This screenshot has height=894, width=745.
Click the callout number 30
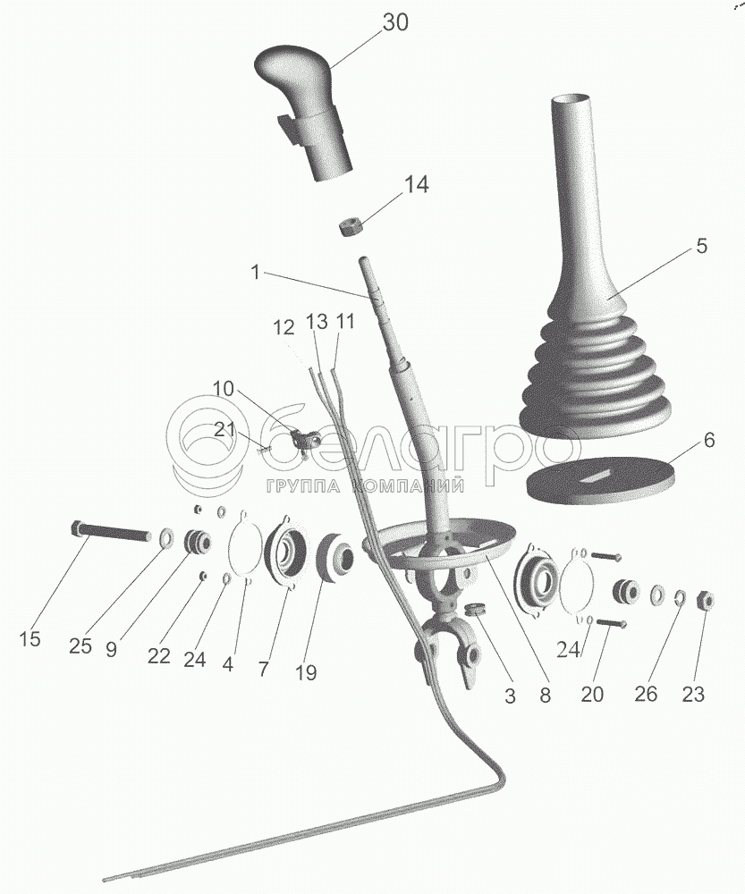coord(394,23)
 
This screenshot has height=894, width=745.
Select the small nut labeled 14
coord(350,226)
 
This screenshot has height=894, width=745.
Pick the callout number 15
coord(30,639)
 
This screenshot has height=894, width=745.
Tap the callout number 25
coord(80,646)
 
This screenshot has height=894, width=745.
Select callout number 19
coord(306,672)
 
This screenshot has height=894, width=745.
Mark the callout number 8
coord(544,693)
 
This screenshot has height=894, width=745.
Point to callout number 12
coord(284,329)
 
